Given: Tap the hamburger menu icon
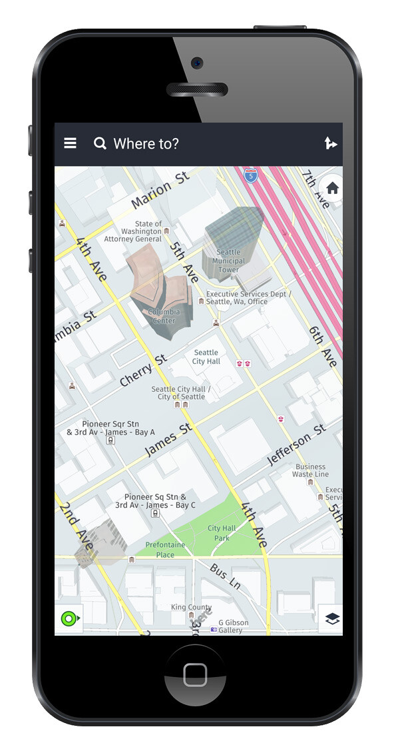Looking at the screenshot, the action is coord(70,143).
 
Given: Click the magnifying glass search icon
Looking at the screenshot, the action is coord(100,143).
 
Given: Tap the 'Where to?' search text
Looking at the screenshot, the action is coord(146,143).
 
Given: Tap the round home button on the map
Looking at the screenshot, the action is coord(332,189).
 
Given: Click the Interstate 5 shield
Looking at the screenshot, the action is coord(250,176).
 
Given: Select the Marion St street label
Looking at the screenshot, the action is coord(160,190).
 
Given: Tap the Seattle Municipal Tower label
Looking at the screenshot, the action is coord(228,261).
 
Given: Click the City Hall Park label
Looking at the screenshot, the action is coord(222,533).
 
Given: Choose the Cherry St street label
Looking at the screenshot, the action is coord(142,371).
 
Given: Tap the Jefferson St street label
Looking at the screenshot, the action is coord(297,450).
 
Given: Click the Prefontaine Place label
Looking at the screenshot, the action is coord(165,550).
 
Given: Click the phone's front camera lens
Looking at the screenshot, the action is coord(196,63).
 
